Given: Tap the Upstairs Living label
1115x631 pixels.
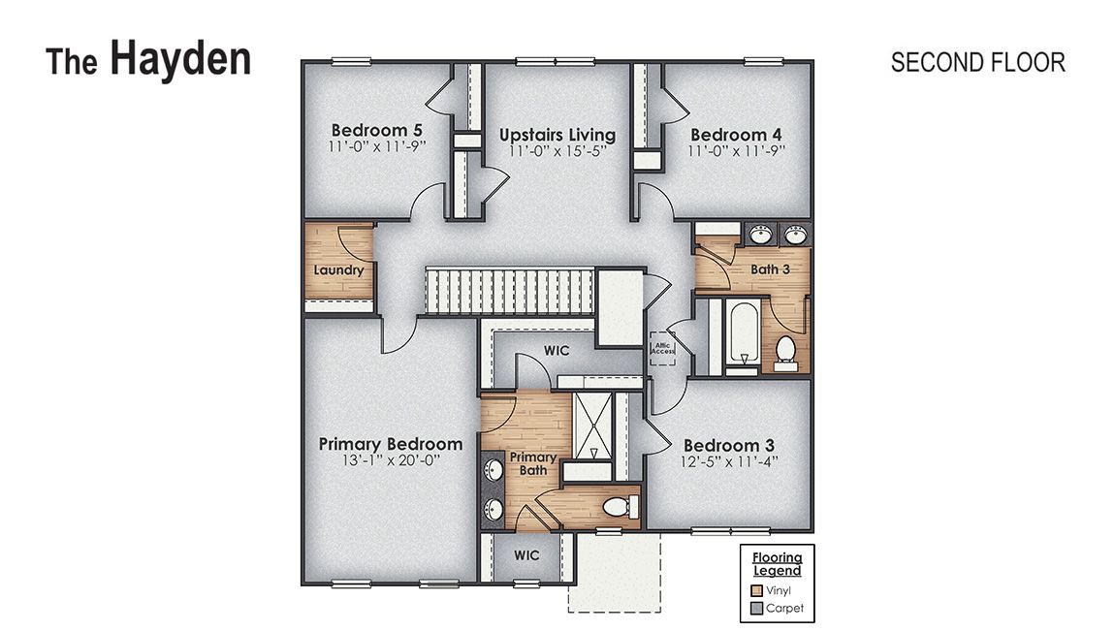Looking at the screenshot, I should [x=557, y=135].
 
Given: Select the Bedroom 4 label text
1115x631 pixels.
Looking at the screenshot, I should [x=736, y=135].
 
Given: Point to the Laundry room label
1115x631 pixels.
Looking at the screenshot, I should [x=338, y=269].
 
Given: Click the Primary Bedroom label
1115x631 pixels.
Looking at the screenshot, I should [x=391, y=444].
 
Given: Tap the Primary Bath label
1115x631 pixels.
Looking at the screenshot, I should [x=533, y=463].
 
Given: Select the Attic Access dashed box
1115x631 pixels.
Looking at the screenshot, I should [x=662, y=347].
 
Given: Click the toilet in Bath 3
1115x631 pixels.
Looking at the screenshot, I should [x=786, y=351].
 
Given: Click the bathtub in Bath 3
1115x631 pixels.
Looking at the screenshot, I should [x=743, y=334].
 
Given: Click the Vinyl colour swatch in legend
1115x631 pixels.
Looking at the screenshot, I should [x=757, y=588].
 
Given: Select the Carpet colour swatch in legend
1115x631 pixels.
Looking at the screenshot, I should [x=757, y=610].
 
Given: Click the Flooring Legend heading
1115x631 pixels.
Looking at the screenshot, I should [x=777, y=563].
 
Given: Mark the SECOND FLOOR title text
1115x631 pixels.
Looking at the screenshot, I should [x=977, y=63].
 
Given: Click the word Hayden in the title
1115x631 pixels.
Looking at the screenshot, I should [x=179, y=58].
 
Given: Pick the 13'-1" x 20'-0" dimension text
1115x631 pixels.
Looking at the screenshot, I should [x=391, y=462].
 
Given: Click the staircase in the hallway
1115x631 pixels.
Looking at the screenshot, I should [x=508, y=291].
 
